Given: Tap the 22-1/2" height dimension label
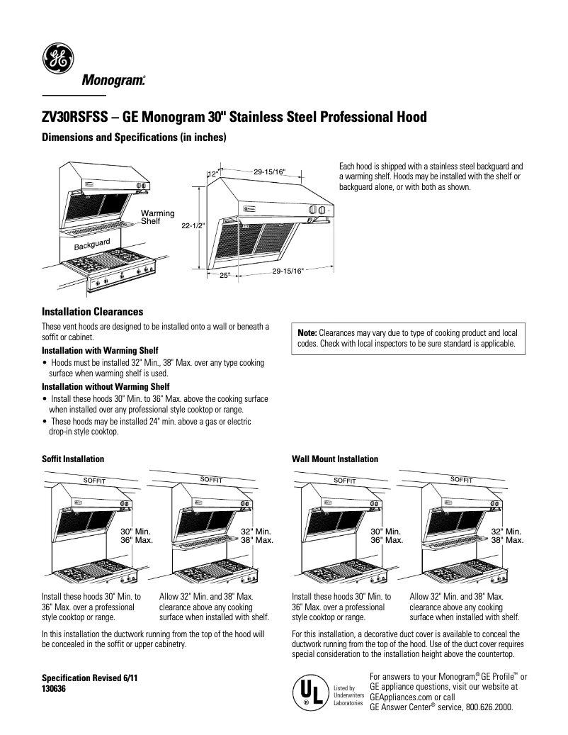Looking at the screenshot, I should (x=192, y=225).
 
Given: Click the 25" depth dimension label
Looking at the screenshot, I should (x=225, y=275).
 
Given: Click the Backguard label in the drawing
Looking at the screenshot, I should (x=92, y=245).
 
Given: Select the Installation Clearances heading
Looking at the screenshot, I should (x=93, y=312).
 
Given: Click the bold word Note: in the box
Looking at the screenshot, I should (x=307, y=332).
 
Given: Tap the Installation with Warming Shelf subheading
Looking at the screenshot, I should (x=100, y=351).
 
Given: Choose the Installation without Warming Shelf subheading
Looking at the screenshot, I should (x=106, y=387).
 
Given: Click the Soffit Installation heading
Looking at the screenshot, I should (x=73, y=459).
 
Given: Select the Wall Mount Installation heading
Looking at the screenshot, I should (x=335, y=459).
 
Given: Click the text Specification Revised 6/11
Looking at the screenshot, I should (x=89, y=678).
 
